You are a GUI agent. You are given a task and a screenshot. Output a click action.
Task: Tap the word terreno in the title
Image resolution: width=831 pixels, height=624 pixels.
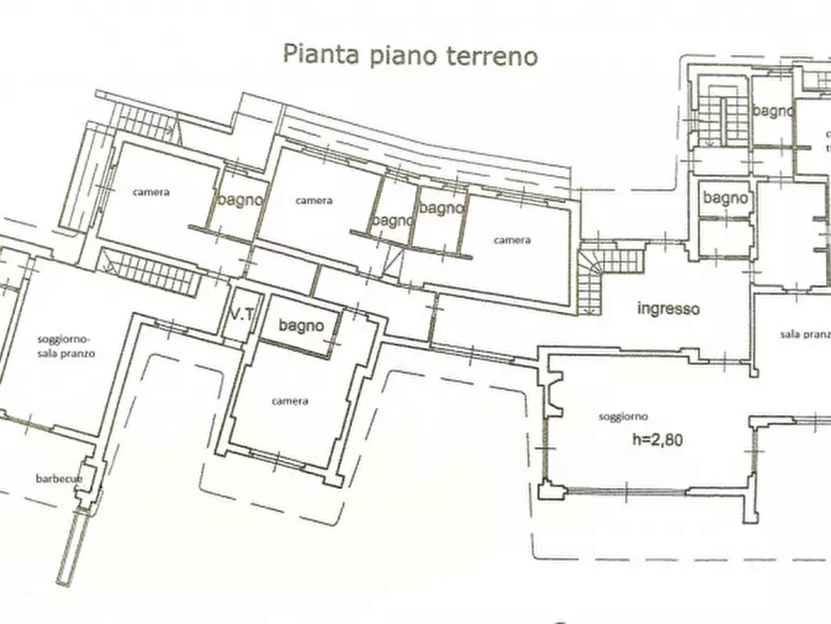click(x=493, y=55)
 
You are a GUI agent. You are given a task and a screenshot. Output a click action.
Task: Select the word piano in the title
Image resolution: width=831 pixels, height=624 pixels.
click(x=398, y=56)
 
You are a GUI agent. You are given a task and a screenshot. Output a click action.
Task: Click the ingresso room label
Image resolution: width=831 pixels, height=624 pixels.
click(x=668, y=310)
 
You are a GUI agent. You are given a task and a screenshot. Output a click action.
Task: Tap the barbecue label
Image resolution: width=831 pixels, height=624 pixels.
click(x=60, y=478)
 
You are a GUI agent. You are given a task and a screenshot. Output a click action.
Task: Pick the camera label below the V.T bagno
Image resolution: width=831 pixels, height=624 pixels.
click(x=289, y=401)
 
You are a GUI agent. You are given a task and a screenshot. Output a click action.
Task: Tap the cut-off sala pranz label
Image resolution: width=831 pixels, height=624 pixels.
click(x=805, y=333)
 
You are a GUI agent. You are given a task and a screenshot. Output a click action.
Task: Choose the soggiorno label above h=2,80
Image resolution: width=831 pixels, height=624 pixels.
click(x=624, y=416)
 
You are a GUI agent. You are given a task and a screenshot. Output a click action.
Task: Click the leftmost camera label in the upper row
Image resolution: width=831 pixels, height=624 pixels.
click(x=151, y=193)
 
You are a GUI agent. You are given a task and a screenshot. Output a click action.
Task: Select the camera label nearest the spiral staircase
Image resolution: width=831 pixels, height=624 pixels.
click(x=512, y=240)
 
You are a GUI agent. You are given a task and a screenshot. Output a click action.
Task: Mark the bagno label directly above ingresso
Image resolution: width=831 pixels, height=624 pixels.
click(x=725, y=197)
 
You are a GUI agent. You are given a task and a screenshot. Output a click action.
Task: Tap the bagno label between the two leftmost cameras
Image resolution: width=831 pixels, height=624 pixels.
click(x=240, y=199)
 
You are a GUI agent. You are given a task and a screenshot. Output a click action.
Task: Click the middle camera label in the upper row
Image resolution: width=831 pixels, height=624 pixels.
click(x=315, y=200)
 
